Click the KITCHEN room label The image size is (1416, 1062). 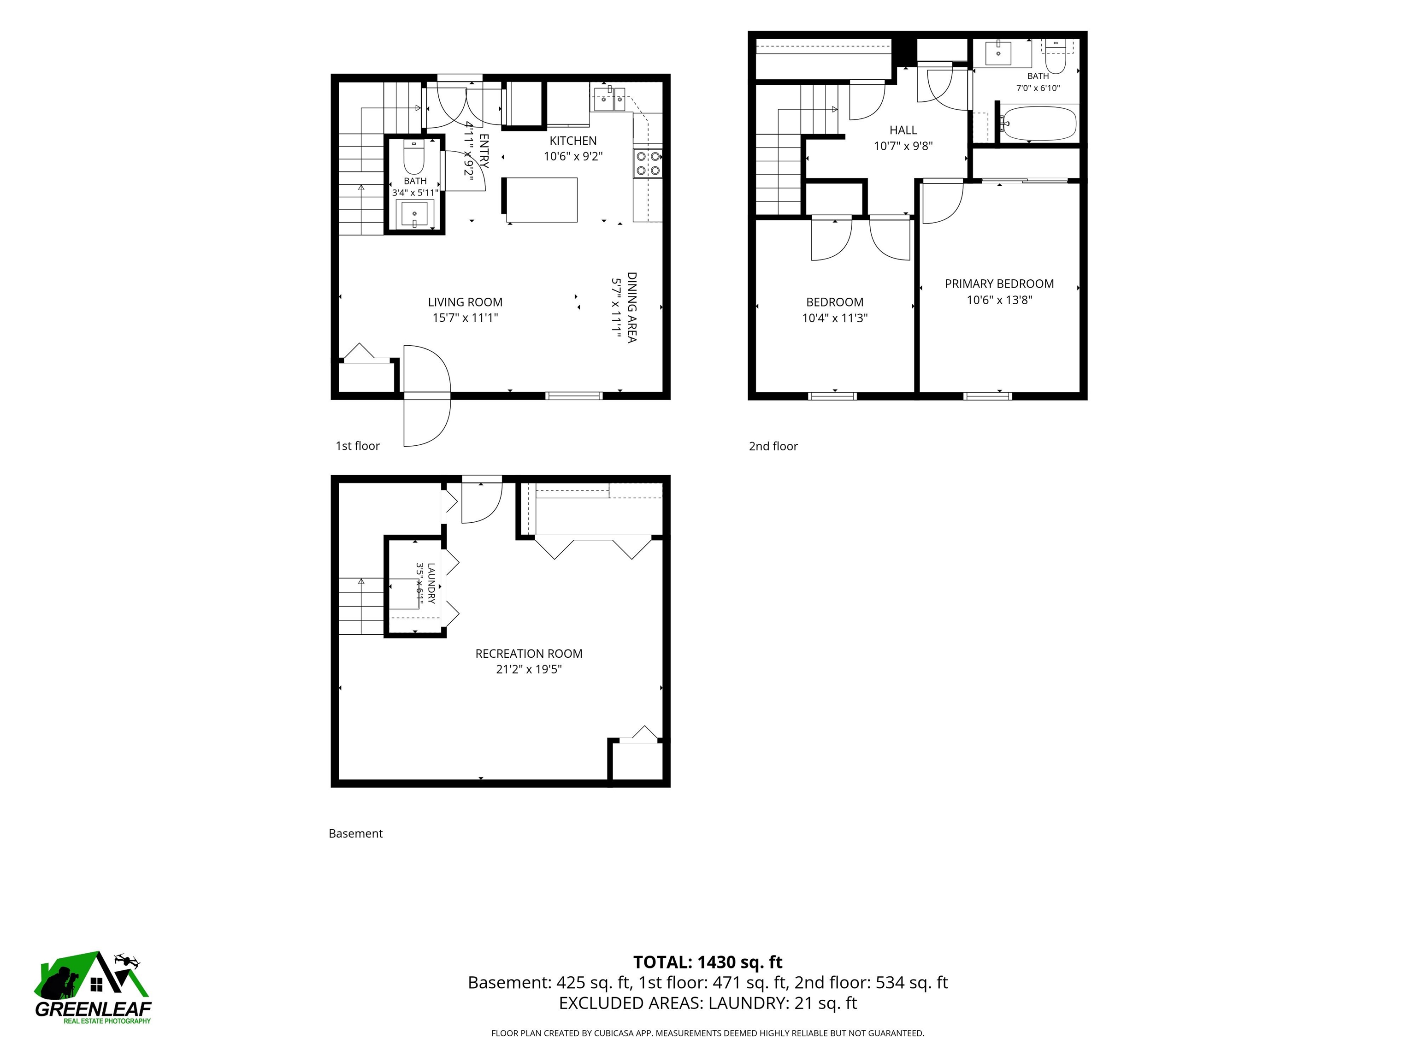pos(573,141)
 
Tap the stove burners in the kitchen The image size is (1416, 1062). pos(648,163)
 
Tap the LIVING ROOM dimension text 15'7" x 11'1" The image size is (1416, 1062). pos(466,318)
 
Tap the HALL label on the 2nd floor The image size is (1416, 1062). pos(903,130)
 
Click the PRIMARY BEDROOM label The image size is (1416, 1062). pos(999,283)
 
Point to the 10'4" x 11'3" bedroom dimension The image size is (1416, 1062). pos(835,318)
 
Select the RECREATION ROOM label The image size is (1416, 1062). pos(529,654)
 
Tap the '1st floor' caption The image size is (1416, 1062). pos(358,446)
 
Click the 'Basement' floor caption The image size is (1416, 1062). pos(355,833)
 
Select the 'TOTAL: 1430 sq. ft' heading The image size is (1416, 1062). pos(708,962)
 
